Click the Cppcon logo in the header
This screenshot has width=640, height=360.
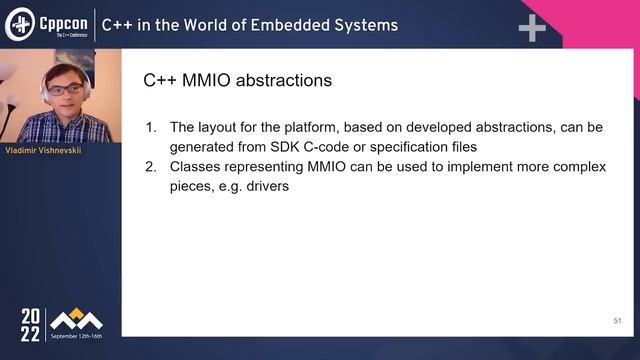47,25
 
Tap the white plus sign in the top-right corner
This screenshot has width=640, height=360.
532,28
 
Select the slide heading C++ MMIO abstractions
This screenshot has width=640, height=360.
238,80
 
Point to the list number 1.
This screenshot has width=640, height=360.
152,128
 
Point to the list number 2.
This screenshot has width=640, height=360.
152,166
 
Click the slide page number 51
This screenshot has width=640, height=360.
617,321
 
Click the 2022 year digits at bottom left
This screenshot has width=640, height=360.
31,326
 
